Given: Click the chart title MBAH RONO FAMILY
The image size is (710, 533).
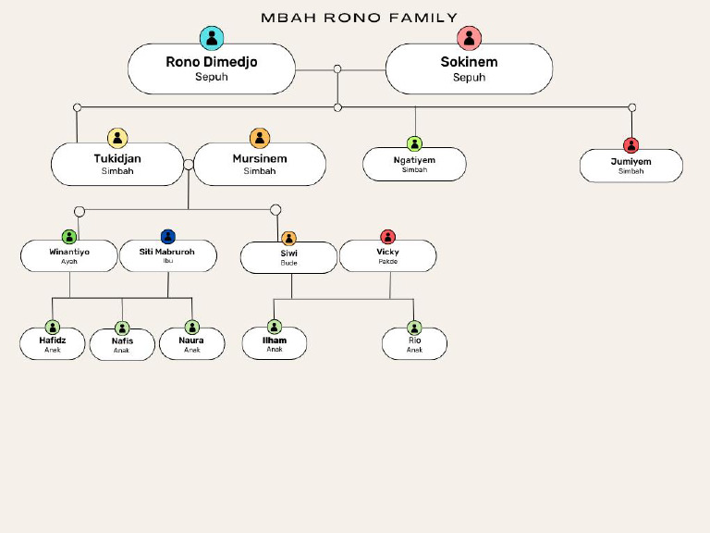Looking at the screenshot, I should point(359,18).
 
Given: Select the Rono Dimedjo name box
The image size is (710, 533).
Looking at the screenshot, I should point(212,69).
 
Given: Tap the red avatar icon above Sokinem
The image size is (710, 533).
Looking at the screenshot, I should point(470,38).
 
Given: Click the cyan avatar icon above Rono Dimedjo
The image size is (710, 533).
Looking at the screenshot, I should point(212,38).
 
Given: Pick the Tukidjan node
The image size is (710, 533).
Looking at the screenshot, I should point(117,164).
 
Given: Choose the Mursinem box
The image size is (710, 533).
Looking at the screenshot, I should point(260,164).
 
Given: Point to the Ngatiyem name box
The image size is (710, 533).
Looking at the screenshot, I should point(414,164).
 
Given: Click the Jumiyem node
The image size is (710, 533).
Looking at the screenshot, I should point(631,166).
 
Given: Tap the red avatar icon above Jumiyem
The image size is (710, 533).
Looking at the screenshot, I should point(631,144).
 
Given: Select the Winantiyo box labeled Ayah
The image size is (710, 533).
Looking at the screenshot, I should point(69,255).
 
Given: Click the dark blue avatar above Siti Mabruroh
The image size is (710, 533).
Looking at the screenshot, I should point(168,237).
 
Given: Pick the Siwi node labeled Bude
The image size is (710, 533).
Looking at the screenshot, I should point(288,257).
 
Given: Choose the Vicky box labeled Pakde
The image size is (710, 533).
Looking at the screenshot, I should point(388,255).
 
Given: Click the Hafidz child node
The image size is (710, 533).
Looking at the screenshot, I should point(53,344).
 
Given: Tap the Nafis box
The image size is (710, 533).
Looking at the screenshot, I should point(122,345).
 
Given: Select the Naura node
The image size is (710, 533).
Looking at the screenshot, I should point(191,344).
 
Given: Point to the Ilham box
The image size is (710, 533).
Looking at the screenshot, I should point(275,343).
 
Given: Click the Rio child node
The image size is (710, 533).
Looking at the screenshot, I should point(414,344).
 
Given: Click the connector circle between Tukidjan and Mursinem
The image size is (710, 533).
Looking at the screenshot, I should point(189,165).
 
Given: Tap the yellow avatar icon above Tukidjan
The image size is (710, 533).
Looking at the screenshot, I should point(117,138).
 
